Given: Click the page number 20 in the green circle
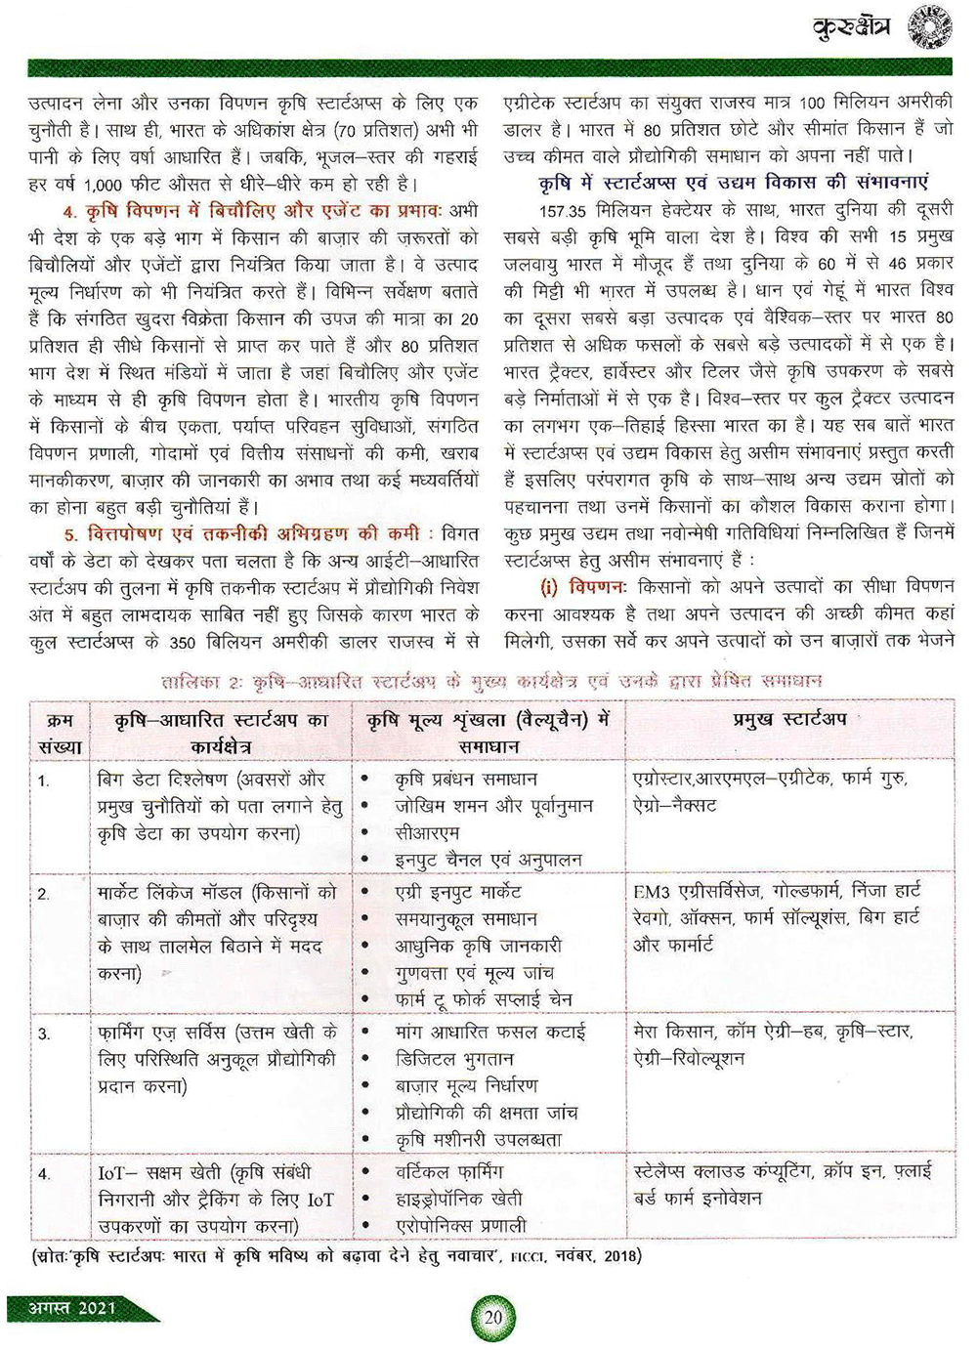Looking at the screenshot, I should point(493,1316).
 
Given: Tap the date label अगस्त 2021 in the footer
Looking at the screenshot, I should point(75,1308).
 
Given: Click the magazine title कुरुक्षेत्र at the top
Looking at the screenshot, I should point(852,30).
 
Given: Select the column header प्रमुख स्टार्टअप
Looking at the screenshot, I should point(789,720).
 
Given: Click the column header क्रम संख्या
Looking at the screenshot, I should point(61,733).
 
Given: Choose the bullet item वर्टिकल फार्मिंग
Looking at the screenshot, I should point(449,1171).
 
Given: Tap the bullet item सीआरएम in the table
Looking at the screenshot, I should point(427,833).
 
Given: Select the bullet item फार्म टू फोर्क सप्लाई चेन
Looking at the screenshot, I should point(484,999).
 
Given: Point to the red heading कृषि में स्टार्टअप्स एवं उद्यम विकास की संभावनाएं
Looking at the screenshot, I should point(733,183).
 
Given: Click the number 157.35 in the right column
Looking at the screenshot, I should point(565,210).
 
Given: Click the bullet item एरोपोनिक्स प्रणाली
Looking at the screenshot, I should point(460,1225).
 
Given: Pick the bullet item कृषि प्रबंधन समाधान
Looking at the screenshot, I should point(466,780).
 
